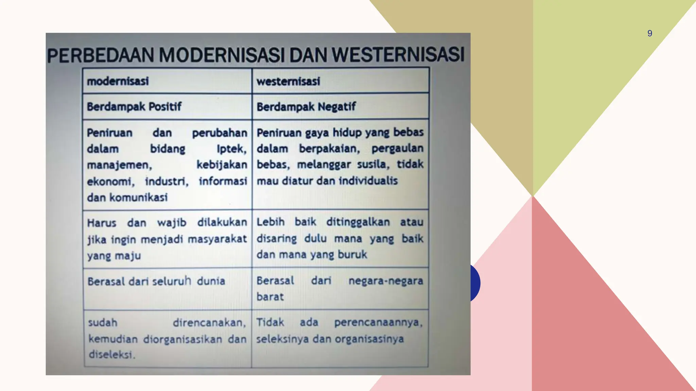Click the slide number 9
(x=649, y=33)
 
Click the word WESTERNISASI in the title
(x=398, y=55)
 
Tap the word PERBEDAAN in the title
(x=101, y=56)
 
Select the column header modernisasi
(x=118, y=81)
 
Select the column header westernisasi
(x=288, y=81)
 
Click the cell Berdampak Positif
(x=134, y=107)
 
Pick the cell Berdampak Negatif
(x=306, y=107)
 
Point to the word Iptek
(x=231, y=149)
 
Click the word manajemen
(x=119, y=165)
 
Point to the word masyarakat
(x=217, y=239)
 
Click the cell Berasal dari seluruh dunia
(x=156, y=281)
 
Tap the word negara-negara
(x=386, y=281)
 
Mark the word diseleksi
(x=111, y=354)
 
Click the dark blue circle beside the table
(x=475, y=283)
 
